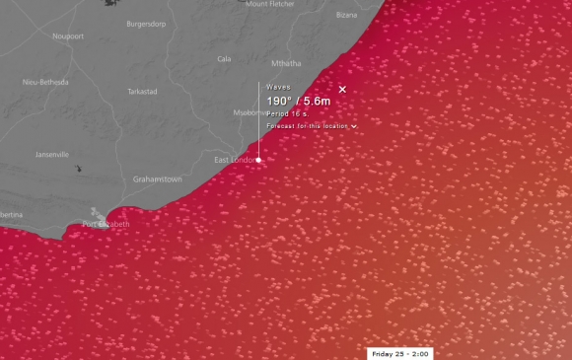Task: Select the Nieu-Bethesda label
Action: point(44,83)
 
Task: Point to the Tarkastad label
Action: point(142,91)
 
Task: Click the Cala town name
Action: point(224,59)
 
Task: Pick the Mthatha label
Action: point(286,63)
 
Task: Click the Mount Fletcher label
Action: point(270,4)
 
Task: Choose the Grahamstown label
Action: point(158,180)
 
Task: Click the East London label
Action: point(235,160)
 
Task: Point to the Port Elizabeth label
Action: point(106,225)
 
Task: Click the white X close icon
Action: point(342,90)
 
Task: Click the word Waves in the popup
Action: point(279,87)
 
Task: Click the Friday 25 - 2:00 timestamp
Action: point(399,353)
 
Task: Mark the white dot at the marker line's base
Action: point(259,159)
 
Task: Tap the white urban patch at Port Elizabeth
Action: point(96,214)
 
